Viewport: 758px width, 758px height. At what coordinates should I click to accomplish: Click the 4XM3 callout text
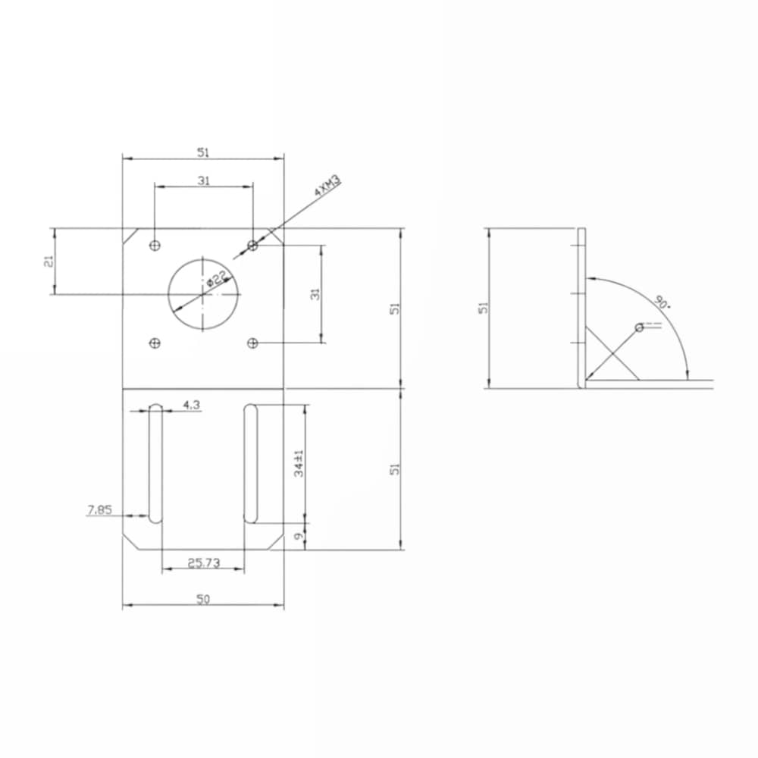pos(327,185)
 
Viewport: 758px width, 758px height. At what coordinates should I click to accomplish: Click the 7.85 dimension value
pos(99,509)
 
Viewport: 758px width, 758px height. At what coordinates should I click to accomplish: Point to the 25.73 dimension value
pos(203,562)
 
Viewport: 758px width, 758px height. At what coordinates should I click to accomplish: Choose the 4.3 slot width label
pos(192,405)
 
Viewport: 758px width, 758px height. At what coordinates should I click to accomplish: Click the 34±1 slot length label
pos(299,463)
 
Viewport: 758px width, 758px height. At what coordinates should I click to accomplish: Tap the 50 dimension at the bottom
pos(203,599)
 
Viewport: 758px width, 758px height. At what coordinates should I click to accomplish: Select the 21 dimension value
pos(49,261)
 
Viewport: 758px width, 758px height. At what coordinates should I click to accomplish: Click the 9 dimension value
pos(299,536)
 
